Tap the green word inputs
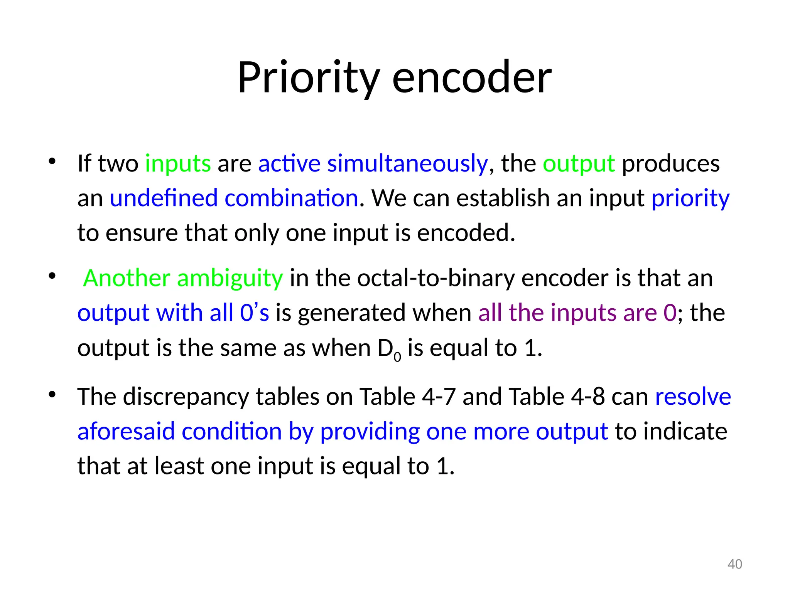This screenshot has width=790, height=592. (178, 163)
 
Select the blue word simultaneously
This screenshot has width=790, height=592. (407, 163)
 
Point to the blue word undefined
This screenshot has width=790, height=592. (164, 198)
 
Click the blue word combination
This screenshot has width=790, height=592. (291, 198)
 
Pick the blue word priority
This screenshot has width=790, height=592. (690, 198)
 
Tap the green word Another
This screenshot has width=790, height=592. (127, 278)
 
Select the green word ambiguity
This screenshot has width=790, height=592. (230, 278)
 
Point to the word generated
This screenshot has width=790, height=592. (351, 313)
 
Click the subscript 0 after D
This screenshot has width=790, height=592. (397, 357)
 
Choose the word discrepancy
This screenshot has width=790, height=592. (186, 397)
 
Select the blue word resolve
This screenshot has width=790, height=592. (693, 397)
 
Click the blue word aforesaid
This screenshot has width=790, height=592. (126, 431)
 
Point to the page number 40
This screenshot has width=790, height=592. (734, 564)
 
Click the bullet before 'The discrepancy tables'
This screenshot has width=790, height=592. (52, 395)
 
